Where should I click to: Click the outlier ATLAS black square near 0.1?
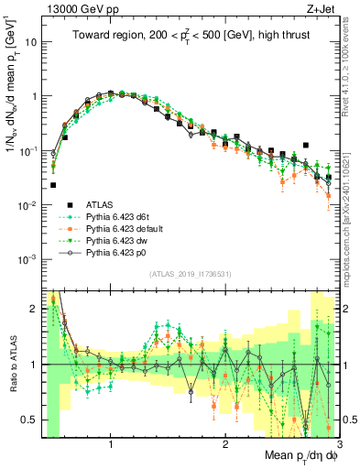[306, 145]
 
